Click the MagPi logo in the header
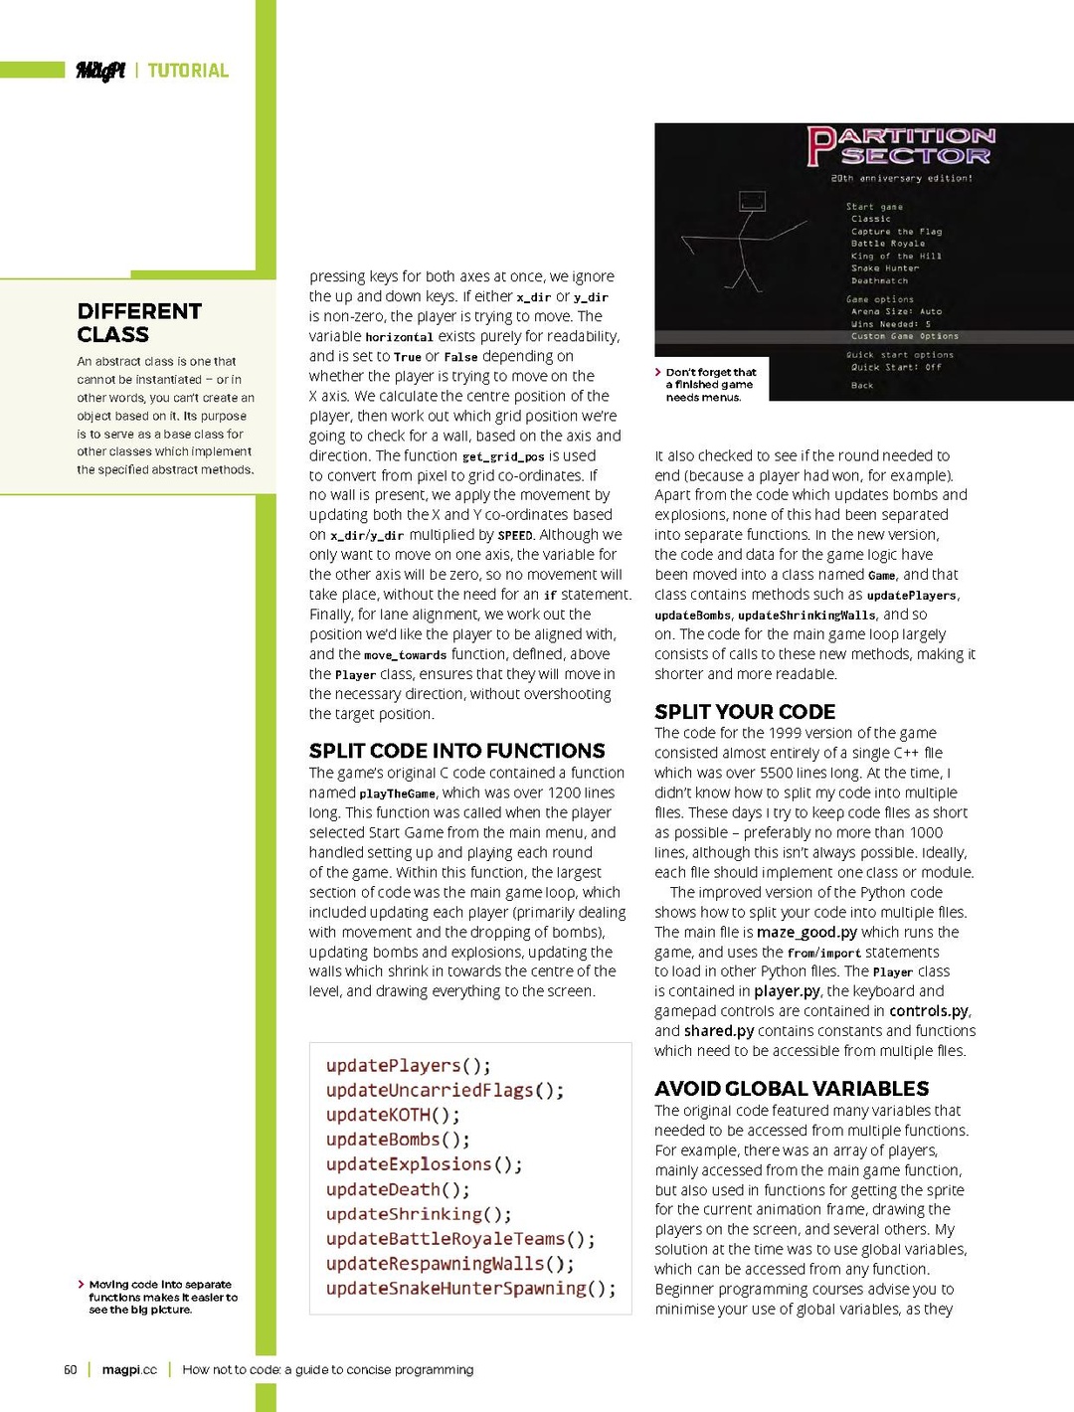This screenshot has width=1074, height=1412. [100, 71]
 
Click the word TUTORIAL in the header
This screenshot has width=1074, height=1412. [188, 71]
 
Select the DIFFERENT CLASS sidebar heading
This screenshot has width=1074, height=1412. [138, 323]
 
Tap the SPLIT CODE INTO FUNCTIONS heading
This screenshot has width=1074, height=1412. [456, 751]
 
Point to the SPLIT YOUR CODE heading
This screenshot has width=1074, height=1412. [744, 712]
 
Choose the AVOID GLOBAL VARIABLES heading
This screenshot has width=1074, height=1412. [792, 1089]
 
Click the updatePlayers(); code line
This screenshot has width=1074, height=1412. [408, 1066]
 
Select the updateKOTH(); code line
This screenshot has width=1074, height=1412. [393, 1116]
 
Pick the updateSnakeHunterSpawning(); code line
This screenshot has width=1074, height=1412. [470, 1289]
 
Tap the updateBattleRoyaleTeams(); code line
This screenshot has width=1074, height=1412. [460, 1239]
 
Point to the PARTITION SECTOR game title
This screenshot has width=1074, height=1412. [901, 145]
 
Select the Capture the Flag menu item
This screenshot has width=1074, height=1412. [896, 232]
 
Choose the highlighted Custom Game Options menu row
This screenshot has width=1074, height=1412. [904, 336]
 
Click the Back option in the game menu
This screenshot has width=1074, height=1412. [861, 386]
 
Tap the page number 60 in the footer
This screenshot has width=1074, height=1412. [71, 1370]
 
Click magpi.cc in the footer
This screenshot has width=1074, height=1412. [129, 1370]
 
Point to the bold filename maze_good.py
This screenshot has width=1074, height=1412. [806, 933]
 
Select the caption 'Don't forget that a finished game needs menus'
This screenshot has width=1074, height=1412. [710, 385]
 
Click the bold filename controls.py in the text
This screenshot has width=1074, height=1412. [929, 1011]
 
